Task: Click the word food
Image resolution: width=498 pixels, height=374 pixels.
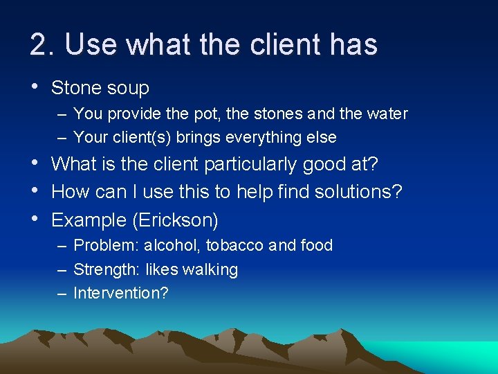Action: click(x=315, y=245)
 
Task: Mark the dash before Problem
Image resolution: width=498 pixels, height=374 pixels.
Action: click(x=63, y=245)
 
